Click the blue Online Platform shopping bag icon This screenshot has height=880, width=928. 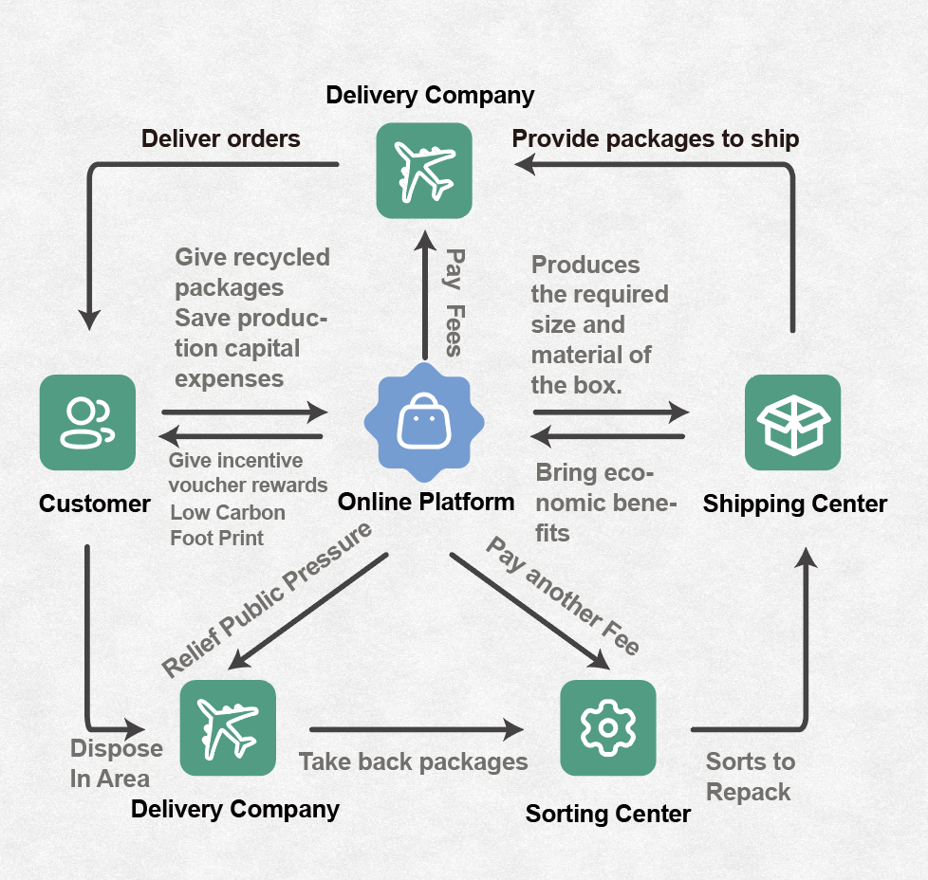click(423, 422)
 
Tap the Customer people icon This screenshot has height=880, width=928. click(87, 422)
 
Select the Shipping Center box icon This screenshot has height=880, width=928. click(792, 422)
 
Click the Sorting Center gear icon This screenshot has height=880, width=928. click(607, 727)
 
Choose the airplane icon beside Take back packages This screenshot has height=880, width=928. click(228, 727)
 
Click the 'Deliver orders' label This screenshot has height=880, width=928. click(220, 139)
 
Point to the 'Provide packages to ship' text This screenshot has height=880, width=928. click(655, 139)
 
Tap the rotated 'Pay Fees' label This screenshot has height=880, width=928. click(455, 302)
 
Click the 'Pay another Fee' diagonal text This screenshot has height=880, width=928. click(563, 596)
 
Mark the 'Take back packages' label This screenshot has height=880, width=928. click(413, 761)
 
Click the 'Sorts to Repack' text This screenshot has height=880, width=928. click(750, 777)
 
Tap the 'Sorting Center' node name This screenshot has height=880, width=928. click(607, 814)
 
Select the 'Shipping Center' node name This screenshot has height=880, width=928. click(794, 504)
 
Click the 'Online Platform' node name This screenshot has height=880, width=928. click(426, 501)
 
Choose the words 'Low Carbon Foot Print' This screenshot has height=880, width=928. click(227, 524)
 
